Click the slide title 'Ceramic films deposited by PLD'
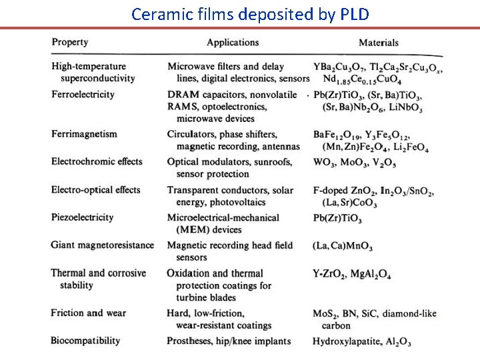pos(249,13)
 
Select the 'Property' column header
pos(69,42)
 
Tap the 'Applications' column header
pos(233,43)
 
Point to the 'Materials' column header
pos(379,43)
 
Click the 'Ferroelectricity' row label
pos(83,94)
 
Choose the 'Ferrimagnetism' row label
pos(84,134)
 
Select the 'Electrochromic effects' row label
pos(97,161)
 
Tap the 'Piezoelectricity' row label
pos(82,217)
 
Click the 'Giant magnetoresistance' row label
pos(102,245)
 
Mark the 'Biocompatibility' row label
pos(85,341)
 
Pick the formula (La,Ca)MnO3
pos(343,246)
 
